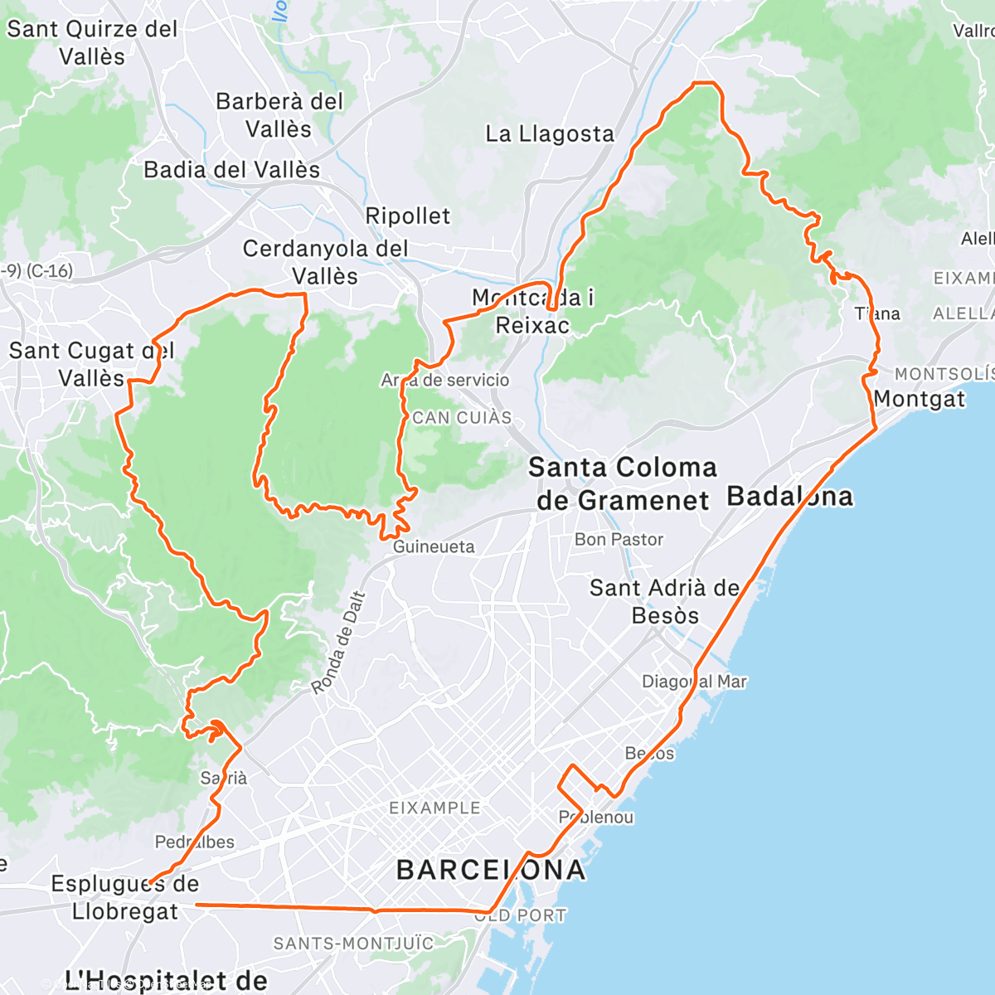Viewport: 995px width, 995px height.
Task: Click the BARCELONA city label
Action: [x=491, y=870]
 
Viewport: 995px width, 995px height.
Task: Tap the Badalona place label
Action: [x=789, y=497]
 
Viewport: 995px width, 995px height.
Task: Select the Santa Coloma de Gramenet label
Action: [x=623, y=483]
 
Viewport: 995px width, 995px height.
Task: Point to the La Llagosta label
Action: [x=550, y=133]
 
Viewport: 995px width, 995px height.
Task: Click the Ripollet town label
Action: [x=408, y=216]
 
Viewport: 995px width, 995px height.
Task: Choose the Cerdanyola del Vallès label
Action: [x=325, y=262]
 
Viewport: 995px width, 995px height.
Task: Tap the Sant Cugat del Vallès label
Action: [x=91, y=364]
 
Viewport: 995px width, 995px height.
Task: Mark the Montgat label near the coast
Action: [x=920, y=399]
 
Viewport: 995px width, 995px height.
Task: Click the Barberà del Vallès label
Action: [x=279, y=114]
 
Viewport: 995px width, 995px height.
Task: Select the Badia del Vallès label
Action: [x=231, y=170]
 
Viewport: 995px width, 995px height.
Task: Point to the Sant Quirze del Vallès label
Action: [x=92, y=42]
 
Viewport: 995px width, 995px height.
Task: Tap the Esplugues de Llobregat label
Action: [x=125, y=897]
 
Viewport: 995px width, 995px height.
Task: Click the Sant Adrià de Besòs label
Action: [x=665, y=601]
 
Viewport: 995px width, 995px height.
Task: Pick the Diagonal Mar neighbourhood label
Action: [x=694, y=682]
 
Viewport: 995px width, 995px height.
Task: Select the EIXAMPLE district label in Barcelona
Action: [x=434, y=808]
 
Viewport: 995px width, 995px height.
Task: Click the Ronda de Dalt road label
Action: [x=338, y=643]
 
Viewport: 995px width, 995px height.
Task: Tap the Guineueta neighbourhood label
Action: [x=434, y=546]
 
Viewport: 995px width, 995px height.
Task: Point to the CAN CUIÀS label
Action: [x=462, y=418]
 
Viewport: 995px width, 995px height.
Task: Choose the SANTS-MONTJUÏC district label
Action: [x=353, y=944]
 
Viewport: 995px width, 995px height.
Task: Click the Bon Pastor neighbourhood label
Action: [x=619, y=539]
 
